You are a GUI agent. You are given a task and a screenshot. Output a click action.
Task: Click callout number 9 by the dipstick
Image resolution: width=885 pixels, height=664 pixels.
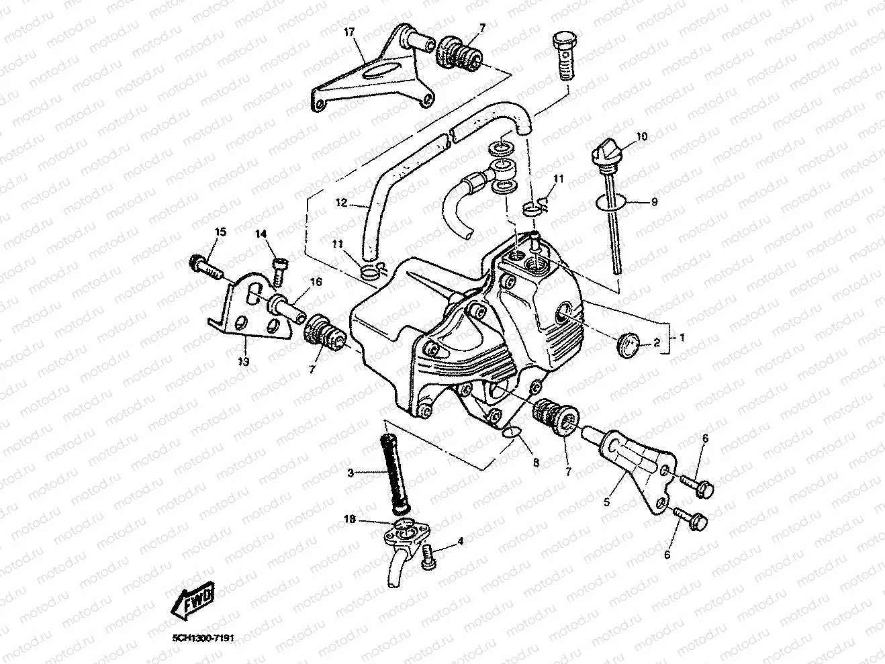pyautogui.click(x=653, y=201)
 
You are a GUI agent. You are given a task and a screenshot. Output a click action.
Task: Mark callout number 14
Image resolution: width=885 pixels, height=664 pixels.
pyautogui.click(x=261, y=234)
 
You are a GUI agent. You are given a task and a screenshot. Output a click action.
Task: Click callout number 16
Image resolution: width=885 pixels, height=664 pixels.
pyautogui.click(x=316, y=283)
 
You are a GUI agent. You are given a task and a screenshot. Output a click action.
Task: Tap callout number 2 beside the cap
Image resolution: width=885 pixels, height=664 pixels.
pyautogui.click(x=657, y=343)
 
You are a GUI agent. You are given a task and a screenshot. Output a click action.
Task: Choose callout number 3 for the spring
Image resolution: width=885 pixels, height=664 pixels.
pyautogui.click(x=349, y=473)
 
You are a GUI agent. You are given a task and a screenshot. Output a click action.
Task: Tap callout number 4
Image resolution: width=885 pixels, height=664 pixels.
pyautogui.click(x=460, y=540)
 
